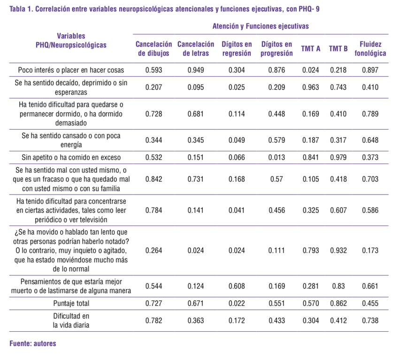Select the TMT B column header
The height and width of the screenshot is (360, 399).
point(338,49)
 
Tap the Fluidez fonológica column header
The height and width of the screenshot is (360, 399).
point(370,49)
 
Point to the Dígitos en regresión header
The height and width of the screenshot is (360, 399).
point(237,49)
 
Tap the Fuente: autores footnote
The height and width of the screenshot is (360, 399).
point(32,344)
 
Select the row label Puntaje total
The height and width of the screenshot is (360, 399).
point(71,303)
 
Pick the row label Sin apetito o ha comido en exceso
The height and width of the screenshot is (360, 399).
point(71,157)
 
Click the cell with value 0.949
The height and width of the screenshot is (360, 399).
point(195,70)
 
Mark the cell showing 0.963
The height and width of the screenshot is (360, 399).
point(311,87)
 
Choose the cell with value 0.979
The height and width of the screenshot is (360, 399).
point(338,157)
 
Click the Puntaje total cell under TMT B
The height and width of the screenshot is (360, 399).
point(338,303)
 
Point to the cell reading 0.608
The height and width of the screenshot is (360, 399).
point(237,286)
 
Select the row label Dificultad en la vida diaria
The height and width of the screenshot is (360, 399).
point(71,321)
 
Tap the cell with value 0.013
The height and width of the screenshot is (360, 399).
point(276,157)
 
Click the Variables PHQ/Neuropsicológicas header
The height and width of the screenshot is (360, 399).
point(71,41)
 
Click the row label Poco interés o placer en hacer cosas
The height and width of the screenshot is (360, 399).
point(71,70)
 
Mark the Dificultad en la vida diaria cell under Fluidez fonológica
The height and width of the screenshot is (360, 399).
point(370,321)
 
